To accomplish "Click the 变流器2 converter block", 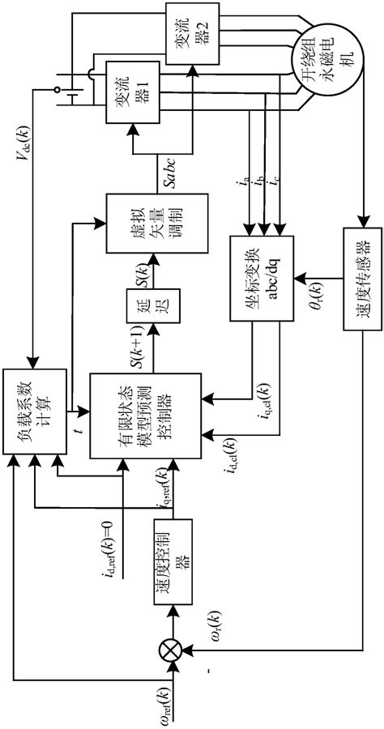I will [x=186, y=34].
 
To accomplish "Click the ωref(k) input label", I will [x=164, y=705].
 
